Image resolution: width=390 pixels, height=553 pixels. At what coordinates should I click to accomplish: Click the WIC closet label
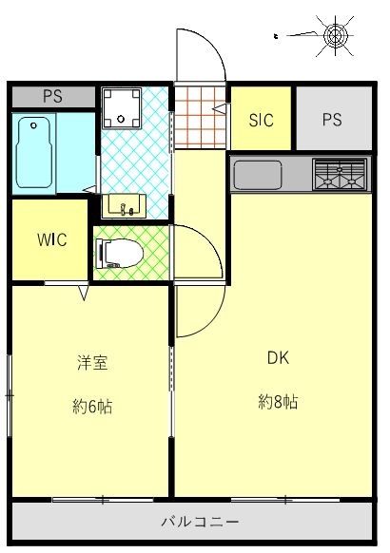click(x=51, y=239)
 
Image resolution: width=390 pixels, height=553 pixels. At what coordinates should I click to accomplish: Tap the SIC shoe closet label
click(x=262, y=121)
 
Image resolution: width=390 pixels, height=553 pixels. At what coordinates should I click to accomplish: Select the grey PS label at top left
click(x=51, y=96)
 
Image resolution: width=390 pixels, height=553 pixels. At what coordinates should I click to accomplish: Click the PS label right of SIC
click(x=331, y=121)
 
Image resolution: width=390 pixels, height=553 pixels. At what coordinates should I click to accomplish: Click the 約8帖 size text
click(x=278, y=401)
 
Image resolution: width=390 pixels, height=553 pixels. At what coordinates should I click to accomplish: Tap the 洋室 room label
click(x=92, y=362)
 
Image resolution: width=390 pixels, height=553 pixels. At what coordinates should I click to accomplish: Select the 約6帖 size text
click(x=92, y=406)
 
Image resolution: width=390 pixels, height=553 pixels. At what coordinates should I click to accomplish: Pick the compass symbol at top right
click(x=334, y=36)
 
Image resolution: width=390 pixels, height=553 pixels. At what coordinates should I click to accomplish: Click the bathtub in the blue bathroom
click(x=38, y=152)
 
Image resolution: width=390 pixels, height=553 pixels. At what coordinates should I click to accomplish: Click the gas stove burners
click(x=340, y=174)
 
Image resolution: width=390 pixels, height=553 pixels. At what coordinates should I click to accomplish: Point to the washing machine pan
click(x=122, y=108)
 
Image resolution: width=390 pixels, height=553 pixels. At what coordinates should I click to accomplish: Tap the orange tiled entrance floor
click(x=201, y=117)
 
